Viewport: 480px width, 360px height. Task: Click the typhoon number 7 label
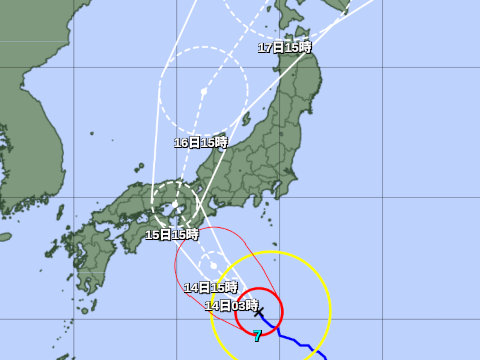click(257, 337)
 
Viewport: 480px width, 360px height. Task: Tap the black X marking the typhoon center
click(259, 313)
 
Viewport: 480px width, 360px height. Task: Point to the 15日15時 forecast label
click(171, 235)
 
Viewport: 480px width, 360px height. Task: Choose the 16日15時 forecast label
click(201, 143)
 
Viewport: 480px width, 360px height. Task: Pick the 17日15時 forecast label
click(285, 48)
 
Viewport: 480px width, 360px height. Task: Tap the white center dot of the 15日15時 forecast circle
click(175, 205)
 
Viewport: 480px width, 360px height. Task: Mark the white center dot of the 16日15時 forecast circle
click(203, 91)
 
